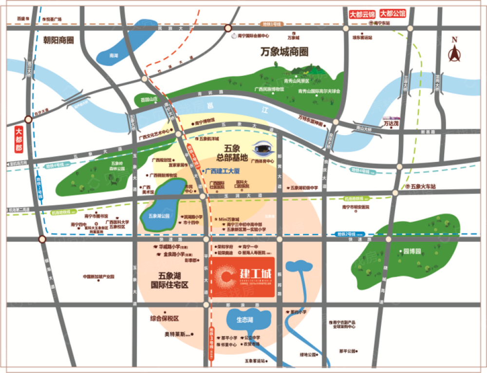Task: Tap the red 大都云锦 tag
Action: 362,14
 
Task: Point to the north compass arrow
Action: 455,53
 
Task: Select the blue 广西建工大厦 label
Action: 223,171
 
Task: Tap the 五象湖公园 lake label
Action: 158,215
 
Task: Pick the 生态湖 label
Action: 244,320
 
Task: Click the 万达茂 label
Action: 391,124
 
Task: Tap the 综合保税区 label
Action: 165,319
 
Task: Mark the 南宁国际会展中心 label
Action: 253,36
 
